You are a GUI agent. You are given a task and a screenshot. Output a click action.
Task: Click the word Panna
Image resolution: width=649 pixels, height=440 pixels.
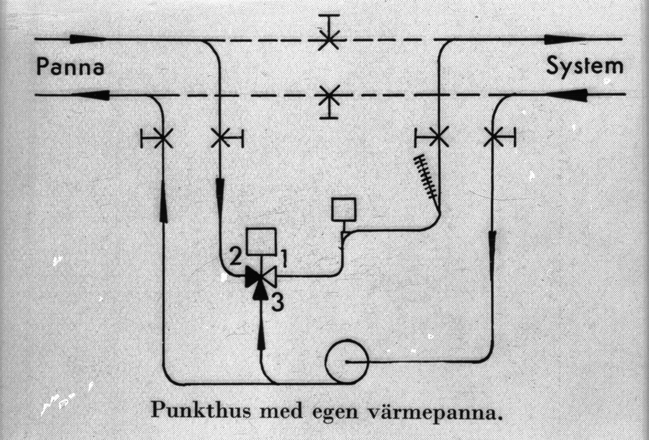tap(69, 67)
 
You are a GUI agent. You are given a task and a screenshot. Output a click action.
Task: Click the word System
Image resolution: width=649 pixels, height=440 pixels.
tap(584, 67)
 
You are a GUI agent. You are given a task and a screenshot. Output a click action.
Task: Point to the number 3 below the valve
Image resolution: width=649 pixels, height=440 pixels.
tap(277, 303)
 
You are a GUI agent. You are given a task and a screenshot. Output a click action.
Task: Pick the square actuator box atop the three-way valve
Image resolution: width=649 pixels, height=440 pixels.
tap(261, 241)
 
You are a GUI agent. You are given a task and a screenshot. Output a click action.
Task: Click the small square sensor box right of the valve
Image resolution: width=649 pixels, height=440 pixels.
tap(343, 209)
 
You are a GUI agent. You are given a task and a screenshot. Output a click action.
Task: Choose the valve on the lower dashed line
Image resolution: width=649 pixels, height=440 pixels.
tap(328, 97)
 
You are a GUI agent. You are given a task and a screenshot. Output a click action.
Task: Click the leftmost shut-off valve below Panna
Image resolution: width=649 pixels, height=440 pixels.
tap(162, 138)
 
